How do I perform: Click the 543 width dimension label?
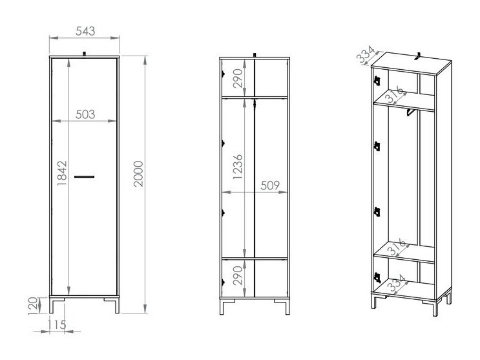click(x=85, y=30)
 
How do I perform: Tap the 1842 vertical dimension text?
click(x=61, y=174)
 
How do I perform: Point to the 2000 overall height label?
click(x=138, y=174)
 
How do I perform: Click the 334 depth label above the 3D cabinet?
click(x=366, y=56)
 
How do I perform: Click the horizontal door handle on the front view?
click(x=85, y=176)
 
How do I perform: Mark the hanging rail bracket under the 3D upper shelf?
click(x=409, y=114)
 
